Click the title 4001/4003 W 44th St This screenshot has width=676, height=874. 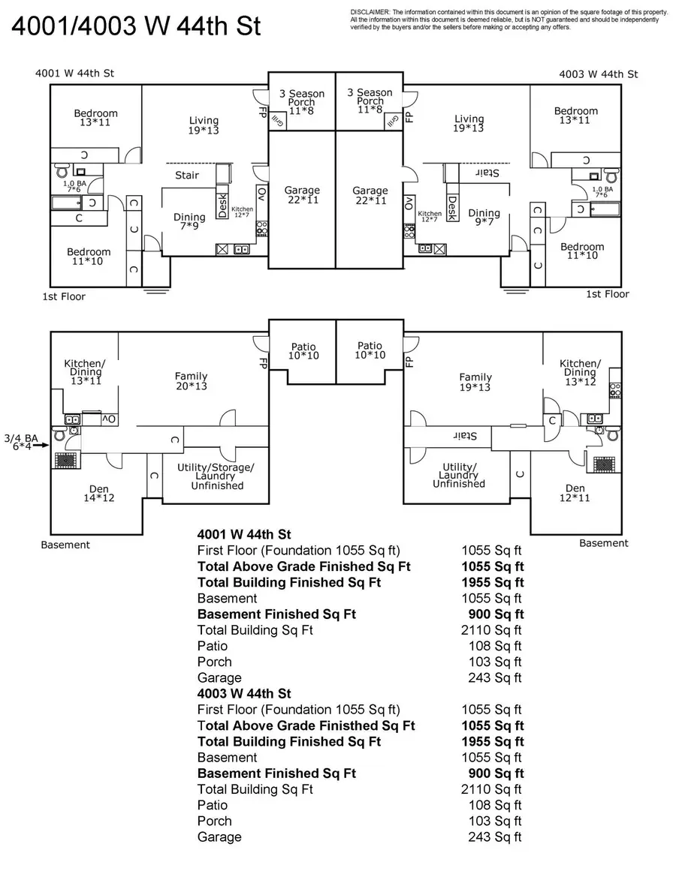click(135, 26)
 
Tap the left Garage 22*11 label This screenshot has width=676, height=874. click(302, 195)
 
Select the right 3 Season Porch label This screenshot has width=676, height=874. click(370, 101)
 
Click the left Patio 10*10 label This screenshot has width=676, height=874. click(303, 351)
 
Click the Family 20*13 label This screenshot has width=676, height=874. click(192, 381)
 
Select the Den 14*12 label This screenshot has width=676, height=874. click(98, 493)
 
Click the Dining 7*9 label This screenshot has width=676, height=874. click(189, 222)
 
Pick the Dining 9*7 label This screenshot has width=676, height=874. click(484, 218)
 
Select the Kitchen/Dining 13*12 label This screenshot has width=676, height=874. click(579, 372)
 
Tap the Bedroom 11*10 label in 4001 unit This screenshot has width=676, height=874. click(89, 257)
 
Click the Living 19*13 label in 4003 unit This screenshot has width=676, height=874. click(469, 123)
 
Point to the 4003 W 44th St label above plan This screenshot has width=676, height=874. click(598, 74)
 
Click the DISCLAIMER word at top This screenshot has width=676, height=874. click(370, 13)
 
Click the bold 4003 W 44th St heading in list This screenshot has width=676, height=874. click(244, 693)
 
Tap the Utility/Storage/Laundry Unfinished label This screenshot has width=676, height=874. click(216, 476)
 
